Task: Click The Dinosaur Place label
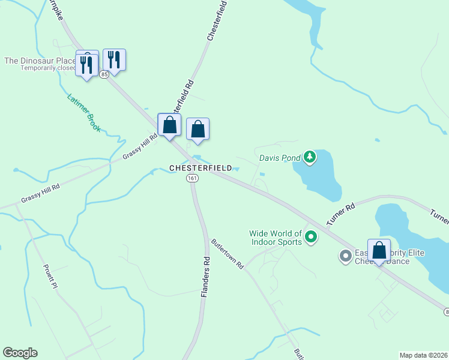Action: pos(40,61)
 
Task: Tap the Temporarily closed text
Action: pos(48,68)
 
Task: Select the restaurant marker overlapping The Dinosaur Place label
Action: pos(87,63)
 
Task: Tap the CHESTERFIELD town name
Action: pos(200,169)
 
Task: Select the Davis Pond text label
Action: pos(280,158)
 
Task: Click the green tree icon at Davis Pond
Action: pos(310,157)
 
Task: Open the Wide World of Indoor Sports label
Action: pos(276,238)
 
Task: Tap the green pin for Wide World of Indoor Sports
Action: pos(311,237)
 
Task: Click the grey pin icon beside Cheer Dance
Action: pos(346,256)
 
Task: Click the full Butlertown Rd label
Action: pos(228,254)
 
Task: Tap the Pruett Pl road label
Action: pos(50,276)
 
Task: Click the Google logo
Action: pos(20,353)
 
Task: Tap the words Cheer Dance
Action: pos(390,262)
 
